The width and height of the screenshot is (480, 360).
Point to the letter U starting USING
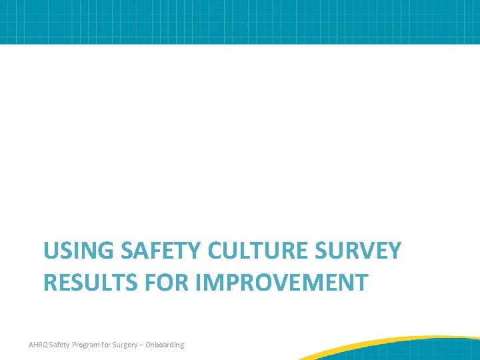point(51,251)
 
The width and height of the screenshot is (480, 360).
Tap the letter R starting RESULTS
point(51,282)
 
